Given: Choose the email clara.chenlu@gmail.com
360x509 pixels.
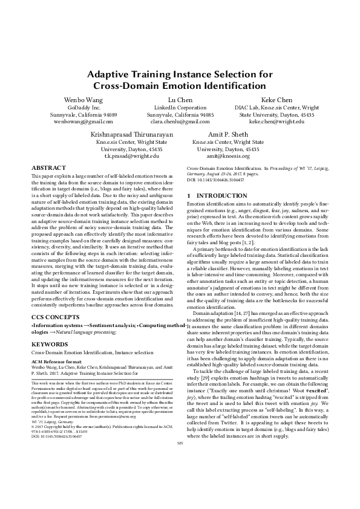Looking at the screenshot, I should tap(180, 121).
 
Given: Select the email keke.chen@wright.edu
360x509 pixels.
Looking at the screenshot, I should tap(277, 121).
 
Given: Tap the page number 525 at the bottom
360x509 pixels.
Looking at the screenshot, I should tap(179, 477).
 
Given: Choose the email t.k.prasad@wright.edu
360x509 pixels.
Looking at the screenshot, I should tap(131, 155).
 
